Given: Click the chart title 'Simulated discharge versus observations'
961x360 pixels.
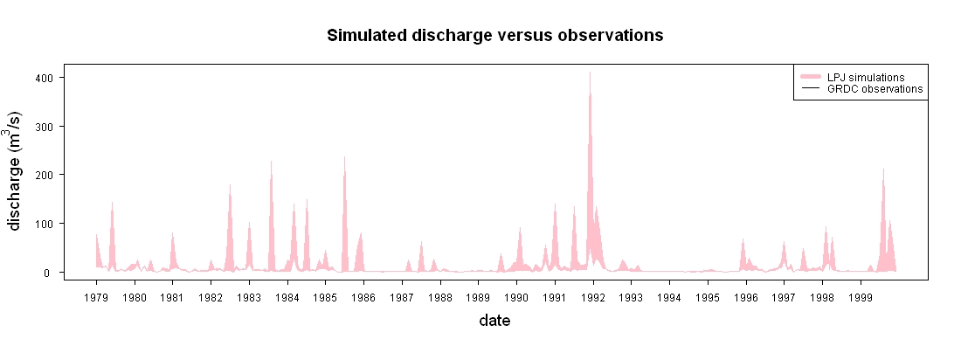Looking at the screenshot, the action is (x=494, y=36).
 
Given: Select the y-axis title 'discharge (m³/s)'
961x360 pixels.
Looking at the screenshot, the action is (x=16, y=170).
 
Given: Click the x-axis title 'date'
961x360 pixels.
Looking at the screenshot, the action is (x=494, y=320).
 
